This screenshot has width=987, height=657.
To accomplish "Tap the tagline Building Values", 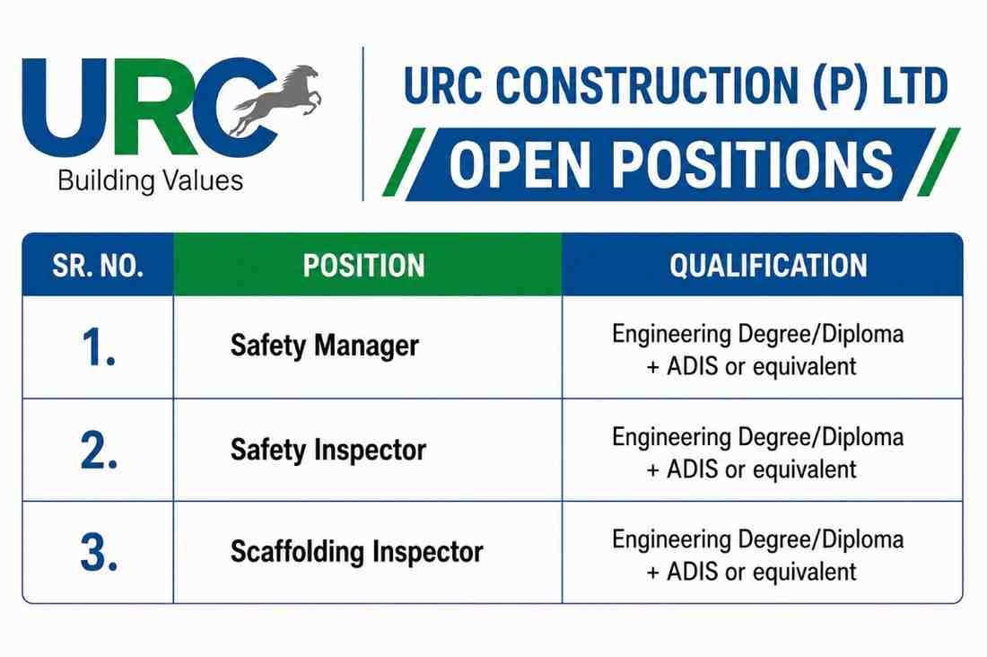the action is pos(150,180).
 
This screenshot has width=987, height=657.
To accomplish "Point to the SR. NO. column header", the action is pos(98,266).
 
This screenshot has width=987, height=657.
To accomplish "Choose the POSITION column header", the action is pos(363,266).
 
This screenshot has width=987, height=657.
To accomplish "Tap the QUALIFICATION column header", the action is pos(769,266).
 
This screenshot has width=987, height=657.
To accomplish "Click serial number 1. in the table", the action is pos(99,347).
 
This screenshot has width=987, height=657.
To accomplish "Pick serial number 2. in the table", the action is pos(99,451).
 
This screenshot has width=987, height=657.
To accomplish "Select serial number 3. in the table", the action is pos(99,553).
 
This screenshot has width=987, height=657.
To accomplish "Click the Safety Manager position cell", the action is pos(324,346).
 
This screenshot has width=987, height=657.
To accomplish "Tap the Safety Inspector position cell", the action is pos(328,450).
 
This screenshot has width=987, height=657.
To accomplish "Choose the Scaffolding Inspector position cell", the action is pos(357,552).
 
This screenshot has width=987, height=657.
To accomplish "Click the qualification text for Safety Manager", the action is pos(758,350).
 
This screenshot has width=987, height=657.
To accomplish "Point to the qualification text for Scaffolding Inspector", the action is pos(758,556).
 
